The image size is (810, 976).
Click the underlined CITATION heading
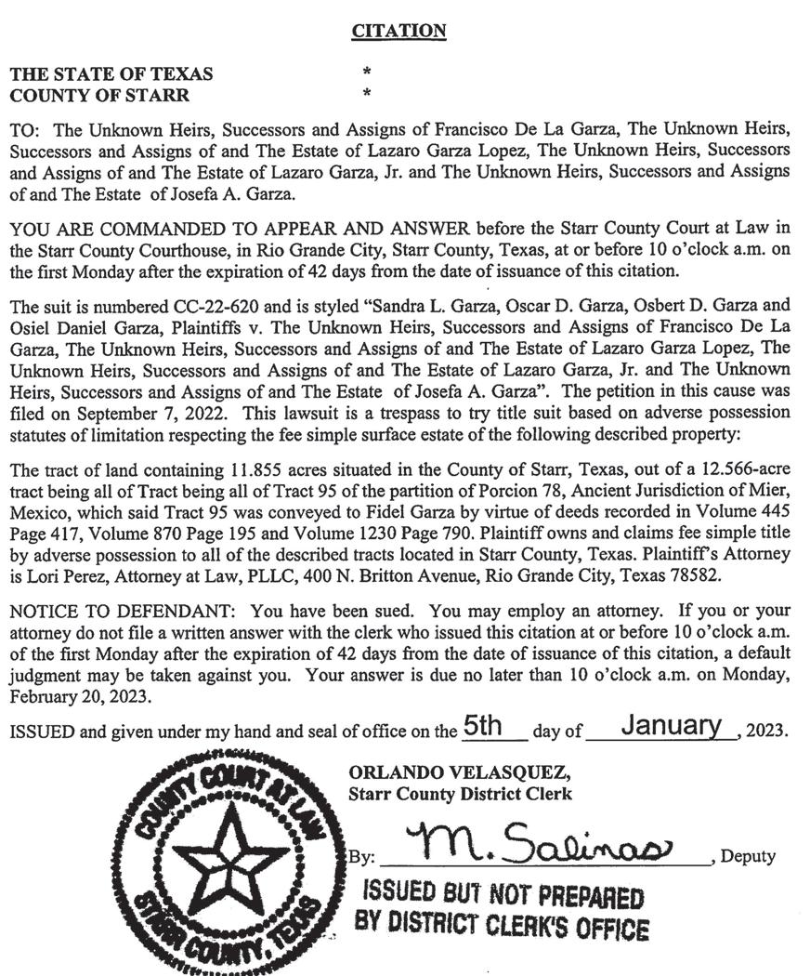[x=399, y=32]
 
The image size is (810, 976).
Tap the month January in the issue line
[x=672, y=727]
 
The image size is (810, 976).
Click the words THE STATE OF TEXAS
[x=111, y=74]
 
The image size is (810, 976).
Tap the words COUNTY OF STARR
[x=99, y=95]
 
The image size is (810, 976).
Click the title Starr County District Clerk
[x=460, y=794]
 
